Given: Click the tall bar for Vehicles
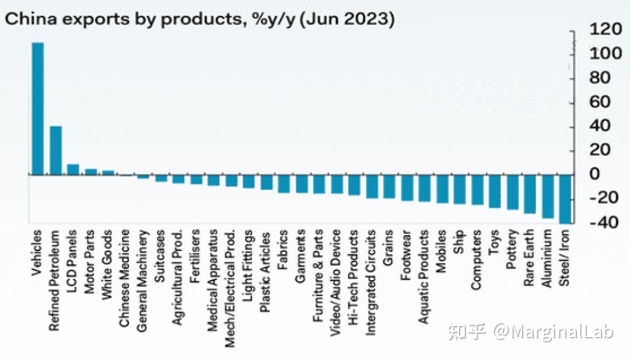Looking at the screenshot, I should pyautogui.click(x=37, y=109).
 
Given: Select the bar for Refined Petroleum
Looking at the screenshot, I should pyautogui.click(x=55, y=151).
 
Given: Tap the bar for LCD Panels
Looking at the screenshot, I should pyautogui.click(x=73, y=169).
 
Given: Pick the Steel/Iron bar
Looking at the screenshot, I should pyautogui.click(x=565, y=199).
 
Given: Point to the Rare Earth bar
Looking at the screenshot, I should pyautogui.click(x=530, y=194).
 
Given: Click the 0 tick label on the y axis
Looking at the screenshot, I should pyautogui.click(x=595, y=174).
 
